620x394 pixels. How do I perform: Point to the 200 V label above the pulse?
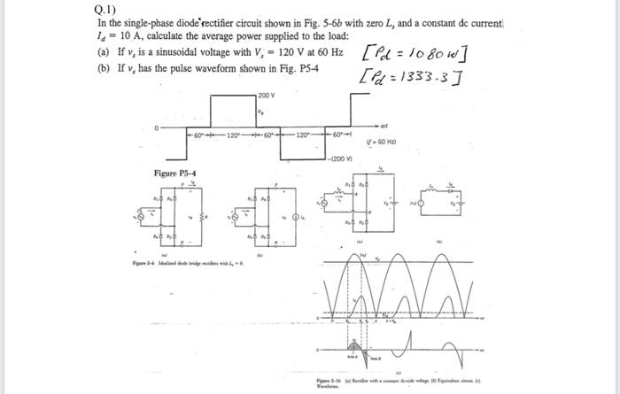click(267, 95)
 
